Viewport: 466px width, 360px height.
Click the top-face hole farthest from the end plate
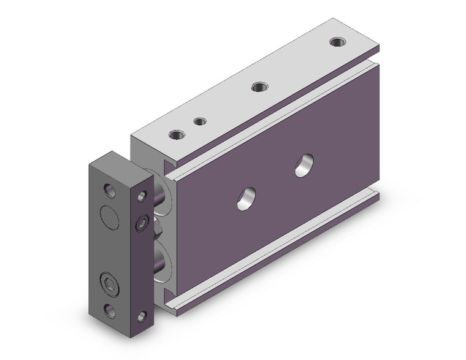[335, 42]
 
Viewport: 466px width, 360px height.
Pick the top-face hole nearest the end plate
[178, 134]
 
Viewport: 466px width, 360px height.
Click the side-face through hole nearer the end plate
[246, 198]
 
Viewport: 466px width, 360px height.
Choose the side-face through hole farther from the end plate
[303, 166]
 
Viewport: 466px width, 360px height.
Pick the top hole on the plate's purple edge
[142, 196]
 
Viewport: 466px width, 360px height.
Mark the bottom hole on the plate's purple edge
[142, 316]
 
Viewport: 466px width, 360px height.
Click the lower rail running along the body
[270, 245]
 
